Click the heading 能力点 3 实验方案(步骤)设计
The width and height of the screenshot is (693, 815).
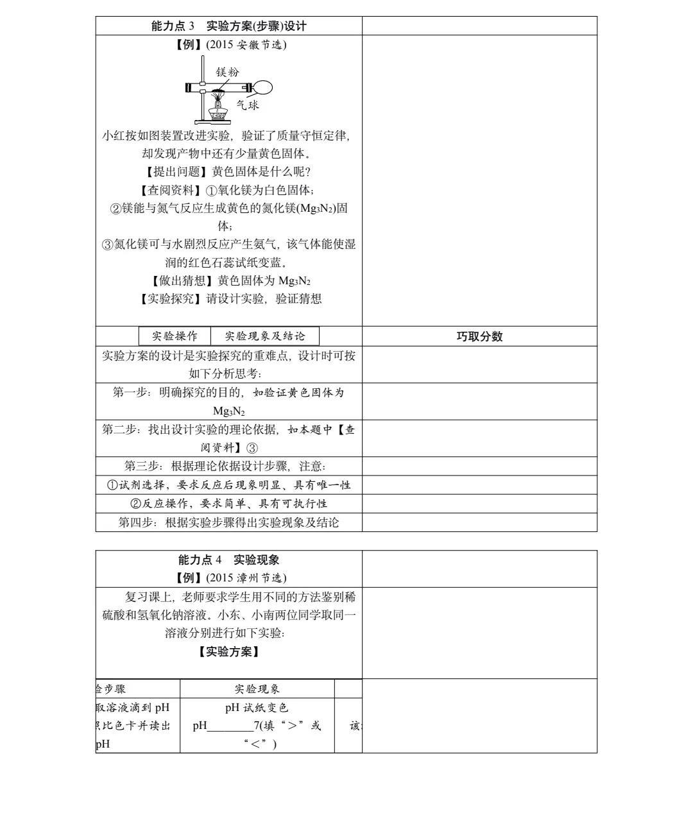228,26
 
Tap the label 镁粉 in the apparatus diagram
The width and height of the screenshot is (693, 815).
227,72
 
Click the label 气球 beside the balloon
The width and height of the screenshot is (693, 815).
247,105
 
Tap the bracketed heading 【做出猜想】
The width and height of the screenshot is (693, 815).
182,280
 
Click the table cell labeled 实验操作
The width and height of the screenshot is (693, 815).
175,336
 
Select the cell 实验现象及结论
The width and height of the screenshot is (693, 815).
265,336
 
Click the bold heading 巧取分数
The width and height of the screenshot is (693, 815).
479,336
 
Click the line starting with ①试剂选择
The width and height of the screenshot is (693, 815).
228,485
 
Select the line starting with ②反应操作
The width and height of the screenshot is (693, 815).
228,504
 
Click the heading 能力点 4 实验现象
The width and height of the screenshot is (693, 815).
228,560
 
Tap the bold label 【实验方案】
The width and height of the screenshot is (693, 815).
228,652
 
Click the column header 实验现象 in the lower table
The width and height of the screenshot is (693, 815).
257,689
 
